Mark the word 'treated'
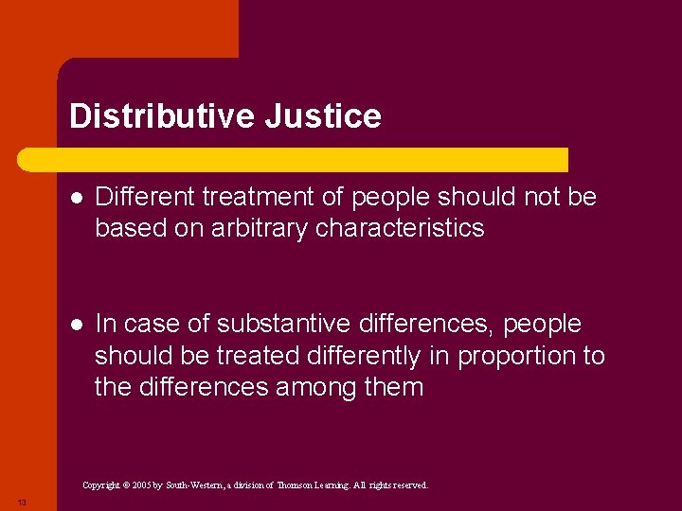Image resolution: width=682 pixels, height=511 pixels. click(251, 356)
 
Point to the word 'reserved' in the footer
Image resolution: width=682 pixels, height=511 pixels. click(407, 485)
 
